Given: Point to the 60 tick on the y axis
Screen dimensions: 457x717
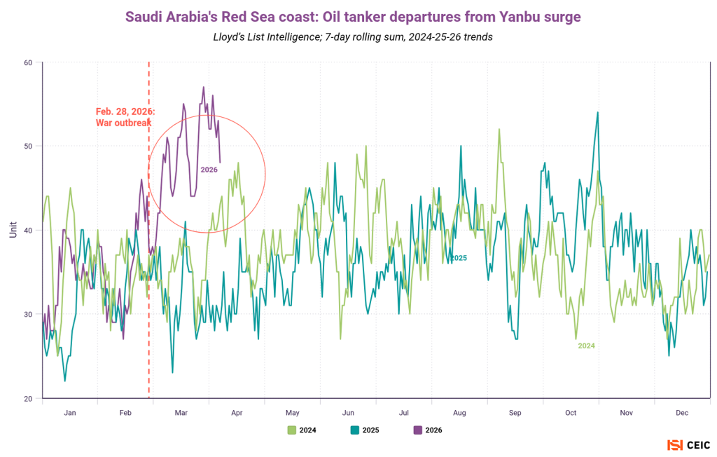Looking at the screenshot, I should tap(28, 62).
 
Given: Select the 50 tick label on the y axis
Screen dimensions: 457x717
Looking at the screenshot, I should tap(28, 146).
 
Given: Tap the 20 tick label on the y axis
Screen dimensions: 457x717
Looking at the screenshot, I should tap(28, 398).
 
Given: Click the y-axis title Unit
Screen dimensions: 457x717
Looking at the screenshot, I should tap(13, 229).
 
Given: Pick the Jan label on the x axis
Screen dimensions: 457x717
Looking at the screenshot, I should tap(69, 413).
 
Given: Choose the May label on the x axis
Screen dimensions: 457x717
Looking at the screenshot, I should tap(292, 413).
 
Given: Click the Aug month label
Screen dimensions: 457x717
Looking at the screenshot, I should tap(459, 413).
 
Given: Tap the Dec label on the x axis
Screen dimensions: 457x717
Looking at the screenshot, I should tap(683, 413).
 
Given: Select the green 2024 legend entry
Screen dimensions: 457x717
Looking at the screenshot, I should tap(302, 430).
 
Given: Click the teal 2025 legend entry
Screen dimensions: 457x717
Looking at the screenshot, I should tap(365, 430).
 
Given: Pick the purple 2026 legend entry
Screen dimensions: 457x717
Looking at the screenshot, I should tap(428, 430).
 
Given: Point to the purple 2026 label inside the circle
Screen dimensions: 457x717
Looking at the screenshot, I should tap(209, 170).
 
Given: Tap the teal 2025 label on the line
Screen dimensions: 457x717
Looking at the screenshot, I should tap(458, 258).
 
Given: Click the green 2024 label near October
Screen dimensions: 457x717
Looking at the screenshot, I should tap(586, 346).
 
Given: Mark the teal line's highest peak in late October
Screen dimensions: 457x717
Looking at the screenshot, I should tap(597, 112).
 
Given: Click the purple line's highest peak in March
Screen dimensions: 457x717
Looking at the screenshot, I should tap(204, 88).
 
